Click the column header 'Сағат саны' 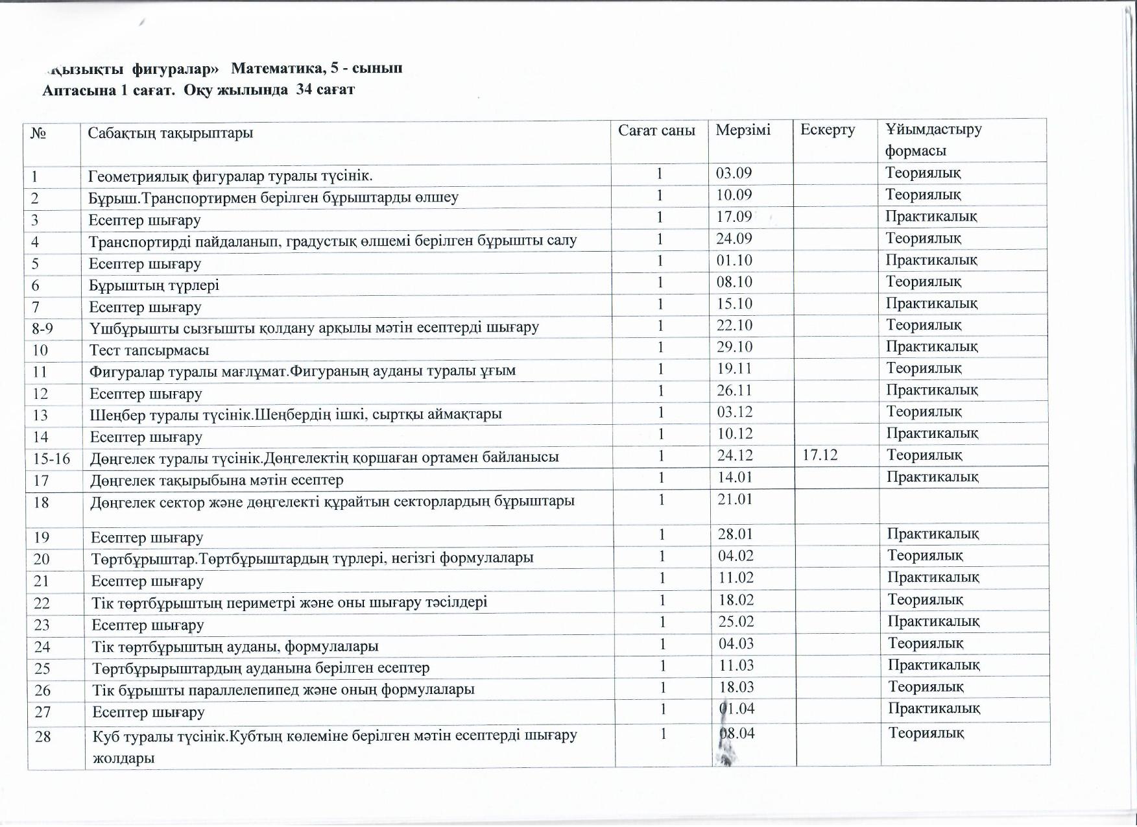656,130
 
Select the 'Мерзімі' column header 743,130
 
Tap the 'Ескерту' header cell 827,130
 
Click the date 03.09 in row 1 734,173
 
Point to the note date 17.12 820,455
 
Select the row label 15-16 51,459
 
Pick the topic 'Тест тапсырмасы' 149,350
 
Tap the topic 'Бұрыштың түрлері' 154,285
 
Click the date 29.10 734,347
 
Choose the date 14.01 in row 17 735,477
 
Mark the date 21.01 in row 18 735,499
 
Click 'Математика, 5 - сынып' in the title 317,68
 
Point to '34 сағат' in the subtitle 325,90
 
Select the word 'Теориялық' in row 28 926,733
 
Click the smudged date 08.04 737,734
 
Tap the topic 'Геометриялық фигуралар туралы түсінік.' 230,175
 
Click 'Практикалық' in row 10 931,346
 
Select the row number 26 42,690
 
